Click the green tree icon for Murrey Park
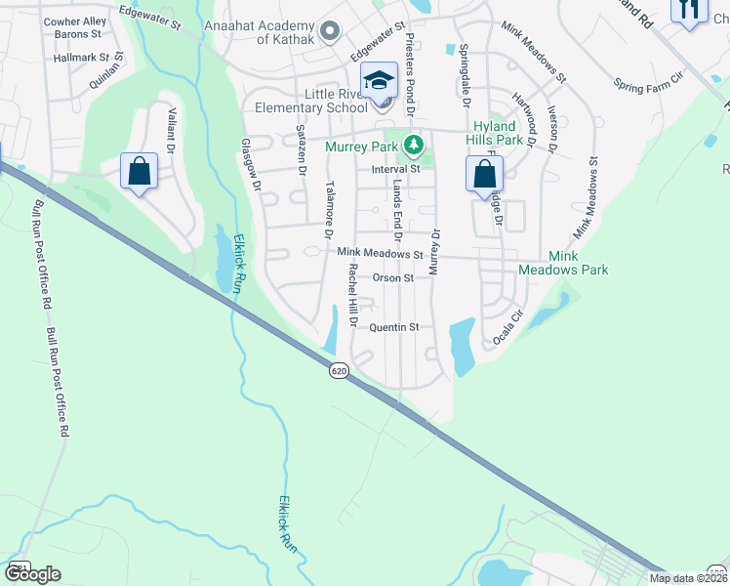point(414,146)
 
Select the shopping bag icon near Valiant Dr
point(140,172)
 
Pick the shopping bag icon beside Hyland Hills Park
point(484,176)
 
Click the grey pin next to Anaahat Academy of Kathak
point(329,31)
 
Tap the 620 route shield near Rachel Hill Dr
point(339,370)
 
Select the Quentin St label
point(394,327)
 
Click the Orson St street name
point(393,278)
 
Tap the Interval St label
point(394,169)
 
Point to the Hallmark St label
point(85,59)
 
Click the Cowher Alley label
point(75,21)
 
